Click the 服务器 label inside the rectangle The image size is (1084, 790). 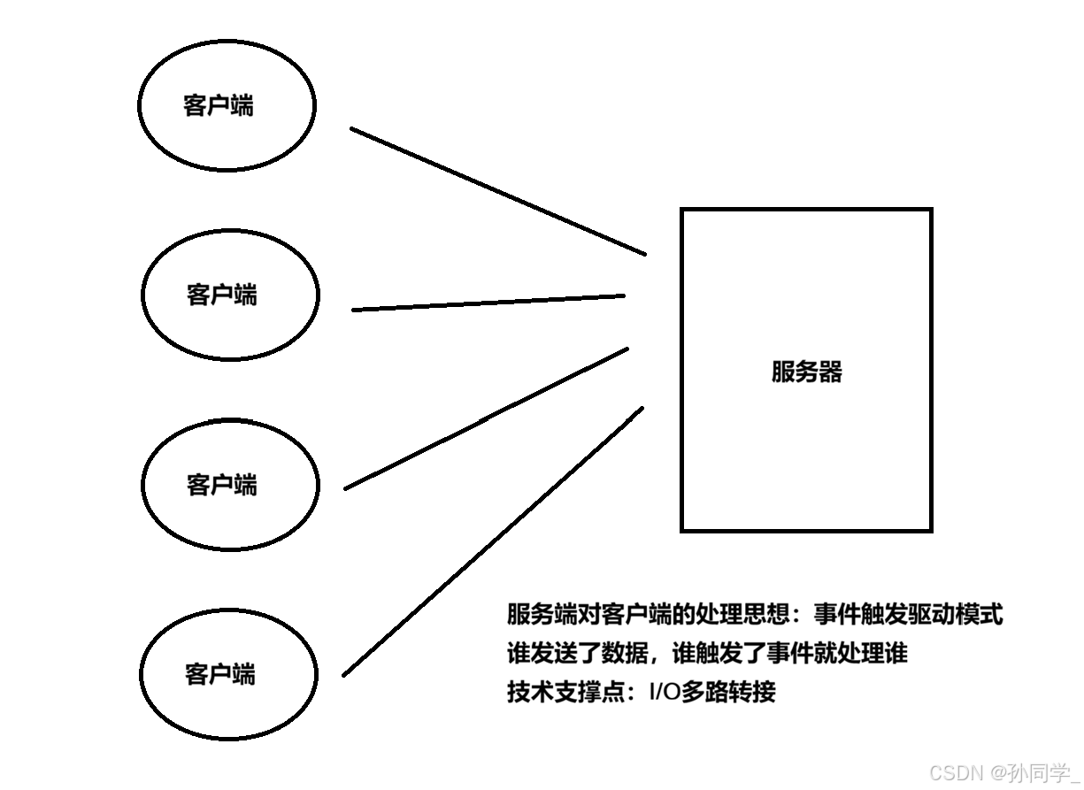[806, 372]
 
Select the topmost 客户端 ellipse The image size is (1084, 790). [227, 104]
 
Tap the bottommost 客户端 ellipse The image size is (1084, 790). [229, 673]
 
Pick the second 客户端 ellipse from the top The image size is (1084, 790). [230, 295]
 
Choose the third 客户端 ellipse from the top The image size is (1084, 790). [230, 485]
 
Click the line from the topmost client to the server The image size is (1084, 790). [498, 191]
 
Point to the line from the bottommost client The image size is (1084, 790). [493, 541]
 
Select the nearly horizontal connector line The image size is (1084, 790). [488, 303]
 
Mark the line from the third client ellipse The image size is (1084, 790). [487, 418]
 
